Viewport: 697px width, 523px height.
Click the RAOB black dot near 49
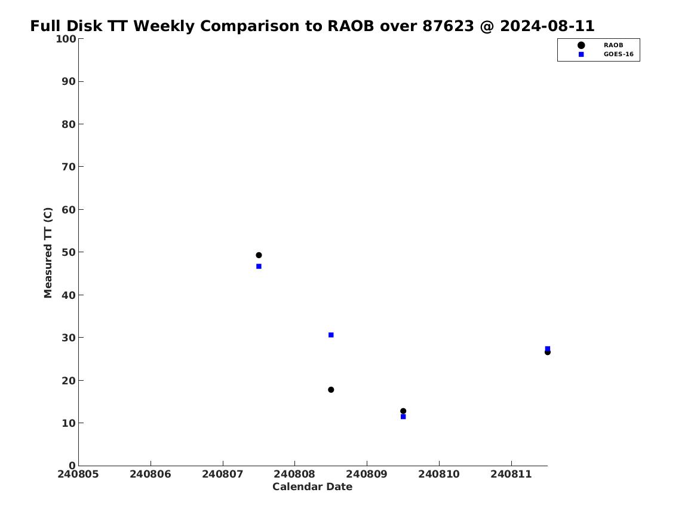[259, 255]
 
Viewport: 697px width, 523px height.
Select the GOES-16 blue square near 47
[259, 267]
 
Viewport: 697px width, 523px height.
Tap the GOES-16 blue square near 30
[331, 335]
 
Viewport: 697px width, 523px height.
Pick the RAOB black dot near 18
[331, 390]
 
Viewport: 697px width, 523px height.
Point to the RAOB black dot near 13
[403, 411]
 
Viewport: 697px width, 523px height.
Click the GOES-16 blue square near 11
[403, 417]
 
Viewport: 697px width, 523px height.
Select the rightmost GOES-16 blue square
[547, 348]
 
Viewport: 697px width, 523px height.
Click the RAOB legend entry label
[613, 45]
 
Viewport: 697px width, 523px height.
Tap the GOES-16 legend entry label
[618, 54]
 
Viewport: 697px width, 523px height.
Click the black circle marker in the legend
[581, 45]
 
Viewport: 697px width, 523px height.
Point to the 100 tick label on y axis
[66, 39]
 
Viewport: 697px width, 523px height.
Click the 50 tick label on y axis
[69, 252]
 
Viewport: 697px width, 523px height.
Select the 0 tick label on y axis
[72, 466]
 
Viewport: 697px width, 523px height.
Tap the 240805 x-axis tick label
[78, 475]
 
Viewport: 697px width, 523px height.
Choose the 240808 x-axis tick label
[294, 475]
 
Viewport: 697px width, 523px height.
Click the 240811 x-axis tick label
[511, 475]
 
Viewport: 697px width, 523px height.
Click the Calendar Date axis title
[312, 487]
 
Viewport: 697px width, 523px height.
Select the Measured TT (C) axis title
[48, 253]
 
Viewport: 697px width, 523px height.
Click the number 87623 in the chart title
[448, 26]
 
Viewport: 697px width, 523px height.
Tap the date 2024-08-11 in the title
[547, 26]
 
